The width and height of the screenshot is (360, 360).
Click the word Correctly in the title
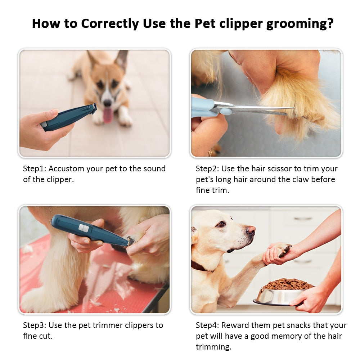(x=110, y=24)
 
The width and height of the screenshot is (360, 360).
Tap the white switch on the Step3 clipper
(x=84, y=228)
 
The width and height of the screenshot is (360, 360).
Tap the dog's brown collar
(x=200, y=267)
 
